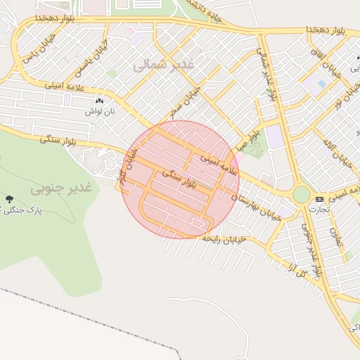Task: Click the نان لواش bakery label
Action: [x=100, y=112]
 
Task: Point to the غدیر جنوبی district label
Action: [x=62, y=188]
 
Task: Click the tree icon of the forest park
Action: [x=8, y=200]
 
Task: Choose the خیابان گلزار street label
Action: [x=126, y=167]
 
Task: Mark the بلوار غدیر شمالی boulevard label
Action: [x=268, y=74]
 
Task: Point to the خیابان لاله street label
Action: [x=330, y=141]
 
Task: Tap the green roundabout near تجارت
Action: [x=302, y=195]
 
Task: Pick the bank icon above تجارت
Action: [x=320, y=200]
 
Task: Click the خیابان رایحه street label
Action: [x=224, y=240]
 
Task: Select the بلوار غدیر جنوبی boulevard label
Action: [x=311, y=249]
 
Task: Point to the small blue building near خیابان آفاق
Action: [x=321, y=84]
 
